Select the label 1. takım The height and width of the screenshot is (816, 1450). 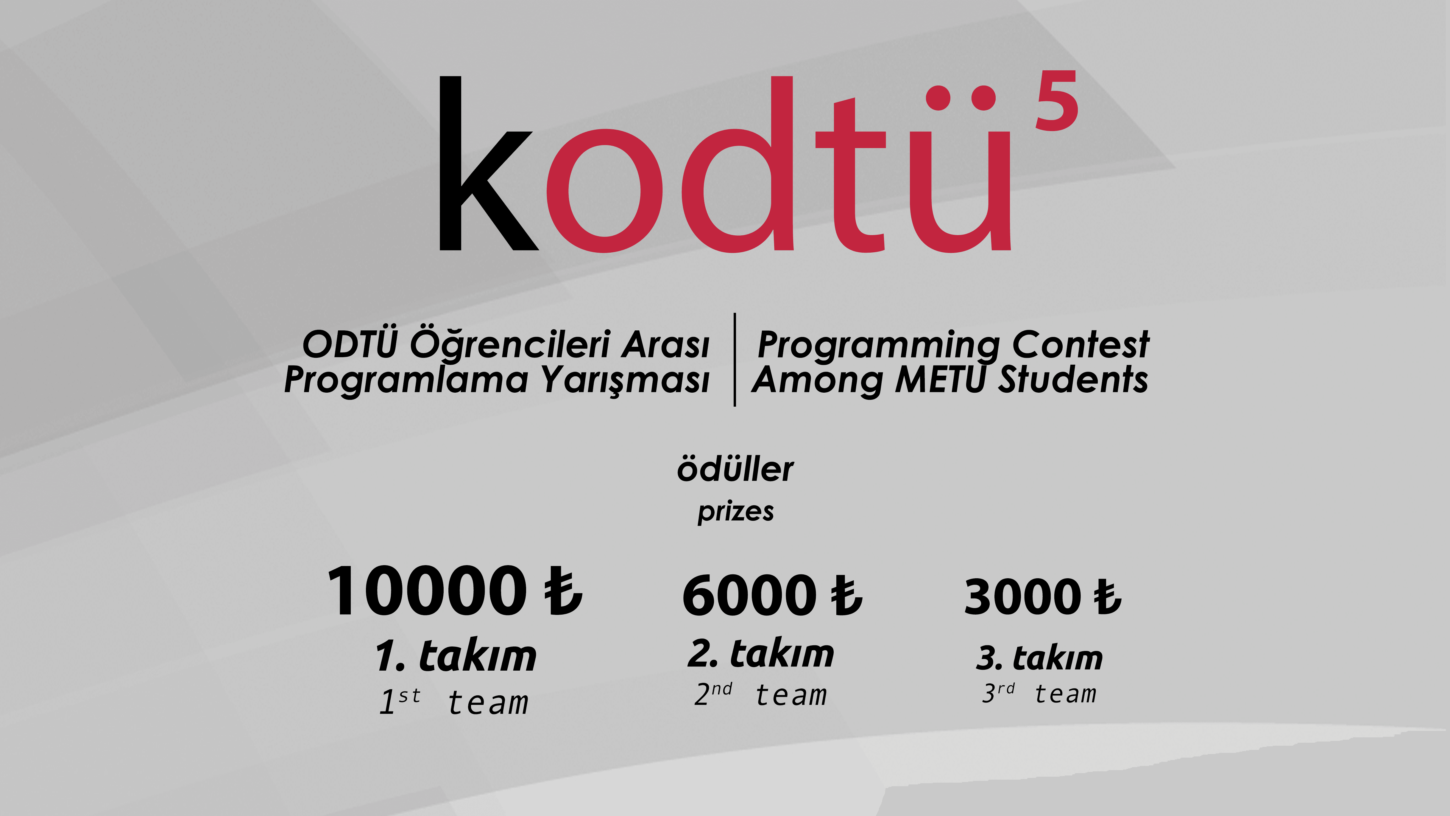pyautogui.click(x=456, y=656)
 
